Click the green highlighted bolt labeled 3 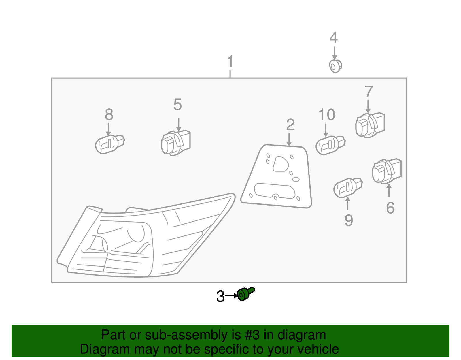(245, 294)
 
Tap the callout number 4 (333, 38)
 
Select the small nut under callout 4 (335, 66)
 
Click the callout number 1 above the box (231, 61)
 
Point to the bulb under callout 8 (110, 144)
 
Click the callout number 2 (290, 125)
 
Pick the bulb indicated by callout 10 (330, 145)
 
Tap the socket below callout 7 (370, 125)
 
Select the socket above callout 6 (387, 171)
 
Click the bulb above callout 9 (348, 188)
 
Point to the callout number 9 (349, 220)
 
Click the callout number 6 (390, 208)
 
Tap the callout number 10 (327, 114)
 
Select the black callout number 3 (220, 296)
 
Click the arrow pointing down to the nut (335, 53)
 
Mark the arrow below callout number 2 (289, 140)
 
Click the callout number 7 (369, 92)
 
